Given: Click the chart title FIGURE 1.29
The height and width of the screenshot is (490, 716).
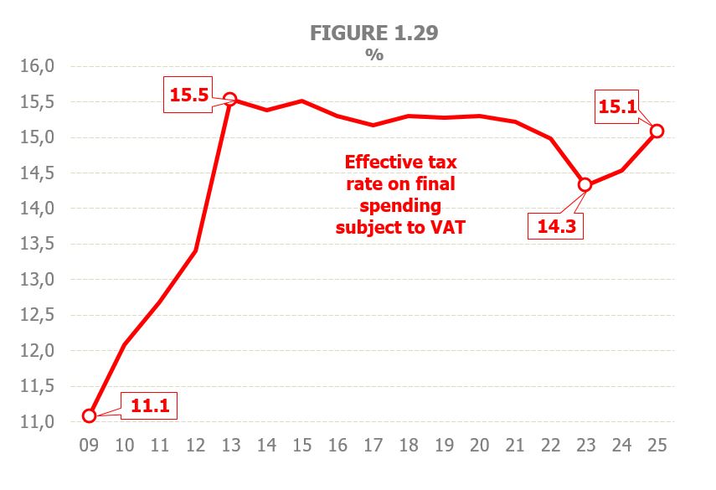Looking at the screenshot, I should click(x=373, y=33).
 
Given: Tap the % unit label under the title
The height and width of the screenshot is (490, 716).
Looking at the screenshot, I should click(x=373, y=54).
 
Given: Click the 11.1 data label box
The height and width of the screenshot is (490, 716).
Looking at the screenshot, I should click(x=152, y=406).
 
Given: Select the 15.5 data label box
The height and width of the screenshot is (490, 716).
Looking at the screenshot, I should click(x=190, y=95).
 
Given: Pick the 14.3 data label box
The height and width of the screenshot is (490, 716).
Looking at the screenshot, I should click(x=555, y=225).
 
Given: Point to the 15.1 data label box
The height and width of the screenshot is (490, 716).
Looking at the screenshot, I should click(x=619, y=106).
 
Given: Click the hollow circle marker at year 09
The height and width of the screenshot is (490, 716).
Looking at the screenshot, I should click(x=89, y=415).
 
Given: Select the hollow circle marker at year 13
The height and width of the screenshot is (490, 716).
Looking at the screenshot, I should click(x=230, y=99).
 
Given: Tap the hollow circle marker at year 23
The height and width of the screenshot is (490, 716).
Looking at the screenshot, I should click(x=585, y=185).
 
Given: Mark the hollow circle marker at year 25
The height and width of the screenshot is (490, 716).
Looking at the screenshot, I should click(x=657, y=131).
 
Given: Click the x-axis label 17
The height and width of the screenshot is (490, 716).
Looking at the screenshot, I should click(x=373, y=446).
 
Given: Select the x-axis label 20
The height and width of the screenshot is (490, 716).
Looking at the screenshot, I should click(x=479, y=446).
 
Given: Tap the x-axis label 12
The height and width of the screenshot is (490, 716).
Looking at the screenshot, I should click(x=195, y=446).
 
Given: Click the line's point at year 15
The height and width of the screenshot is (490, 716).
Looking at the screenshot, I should click(x=301, y=101).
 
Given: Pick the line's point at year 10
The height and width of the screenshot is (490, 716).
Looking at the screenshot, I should click(x=124, y=345).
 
